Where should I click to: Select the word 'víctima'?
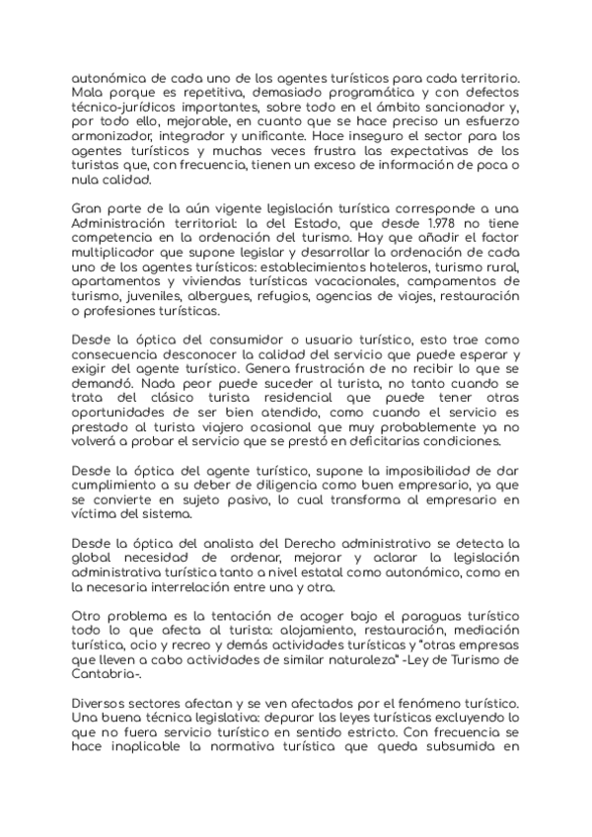pyautogui.click(x=98, y=517)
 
